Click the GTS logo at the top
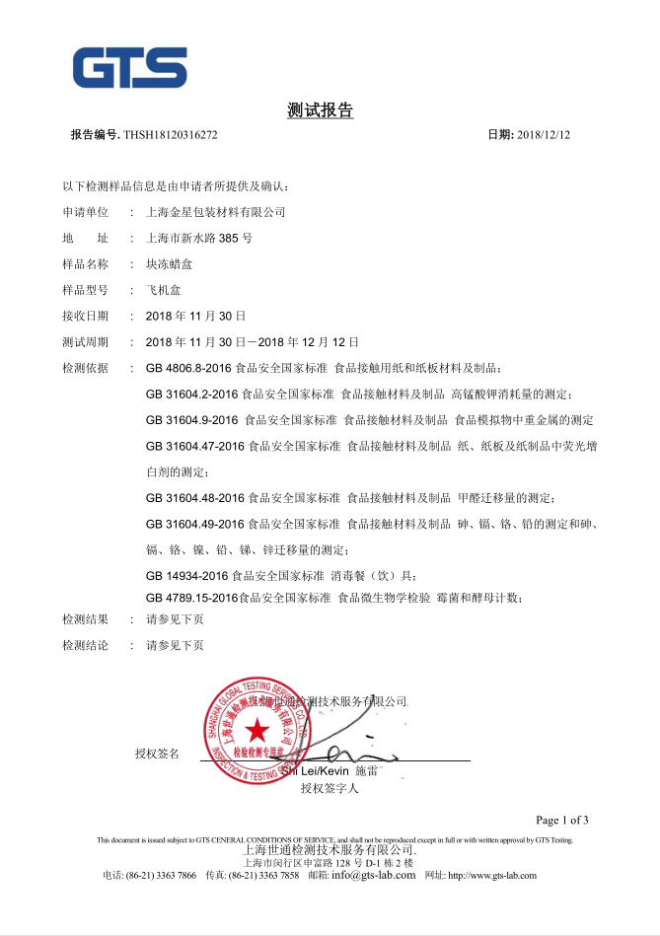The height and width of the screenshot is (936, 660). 129,67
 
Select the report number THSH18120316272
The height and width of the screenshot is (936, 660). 170,134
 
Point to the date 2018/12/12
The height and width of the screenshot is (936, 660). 544,134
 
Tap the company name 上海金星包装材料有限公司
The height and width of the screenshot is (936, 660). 215,212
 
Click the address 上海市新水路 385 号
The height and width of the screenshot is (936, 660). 198,238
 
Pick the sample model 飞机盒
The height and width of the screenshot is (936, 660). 163,290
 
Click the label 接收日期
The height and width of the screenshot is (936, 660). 85,316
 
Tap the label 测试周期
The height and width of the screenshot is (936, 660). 85,341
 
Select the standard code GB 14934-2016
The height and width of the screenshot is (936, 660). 185,575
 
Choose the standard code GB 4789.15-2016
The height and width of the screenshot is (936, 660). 191,598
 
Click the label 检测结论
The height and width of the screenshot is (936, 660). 85,646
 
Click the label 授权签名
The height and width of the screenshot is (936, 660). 158,755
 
